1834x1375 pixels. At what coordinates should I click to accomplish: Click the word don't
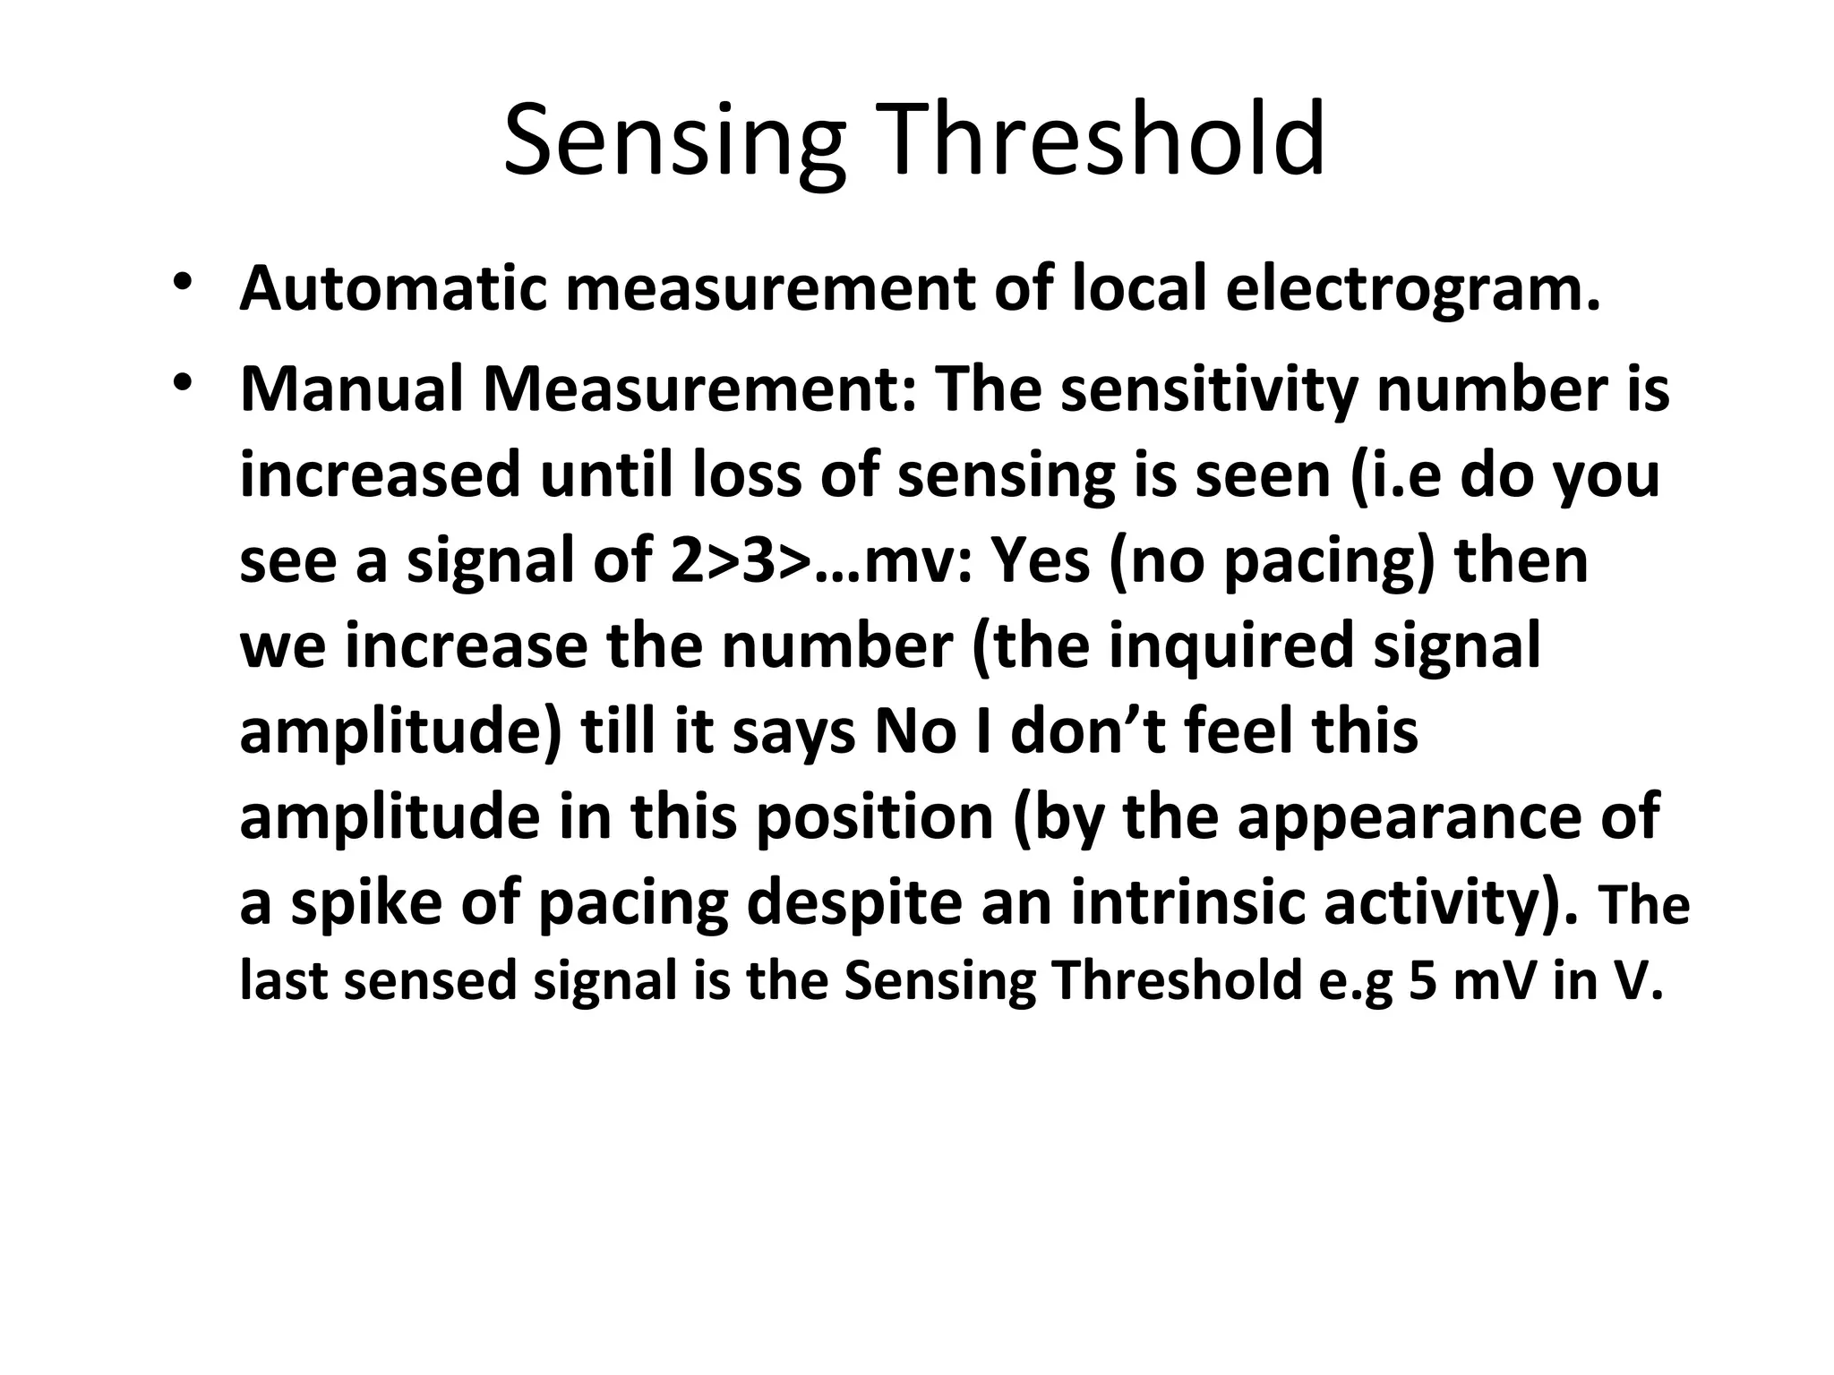pyautogui.click(x=1088, y=730)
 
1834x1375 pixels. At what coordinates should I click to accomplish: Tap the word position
pyautogui.click(x=874, y=817)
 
